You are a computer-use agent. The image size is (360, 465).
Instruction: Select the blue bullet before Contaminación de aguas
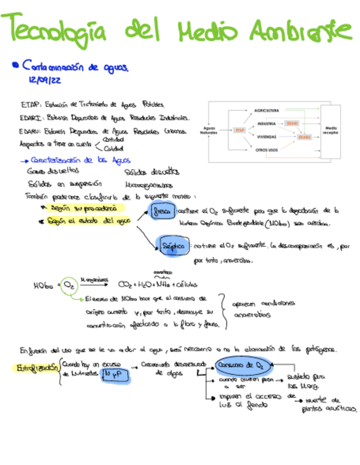click(x=15, y=66)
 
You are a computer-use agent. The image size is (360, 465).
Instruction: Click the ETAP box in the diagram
click(x=239, y=130)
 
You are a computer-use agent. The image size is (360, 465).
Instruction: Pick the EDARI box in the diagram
click(x=291, y=123)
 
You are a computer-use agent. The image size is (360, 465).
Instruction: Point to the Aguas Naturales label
click(x=209, y=130)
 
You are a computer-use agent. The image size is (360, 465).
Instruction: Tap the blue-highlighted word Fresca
click(x=162, y=211)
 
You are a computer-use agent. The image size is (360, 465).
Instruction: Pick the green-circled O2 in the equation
click(x=70, y=285)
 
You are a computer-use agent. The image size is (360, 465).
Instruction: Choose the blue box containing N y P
click(x=115, y=374)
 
